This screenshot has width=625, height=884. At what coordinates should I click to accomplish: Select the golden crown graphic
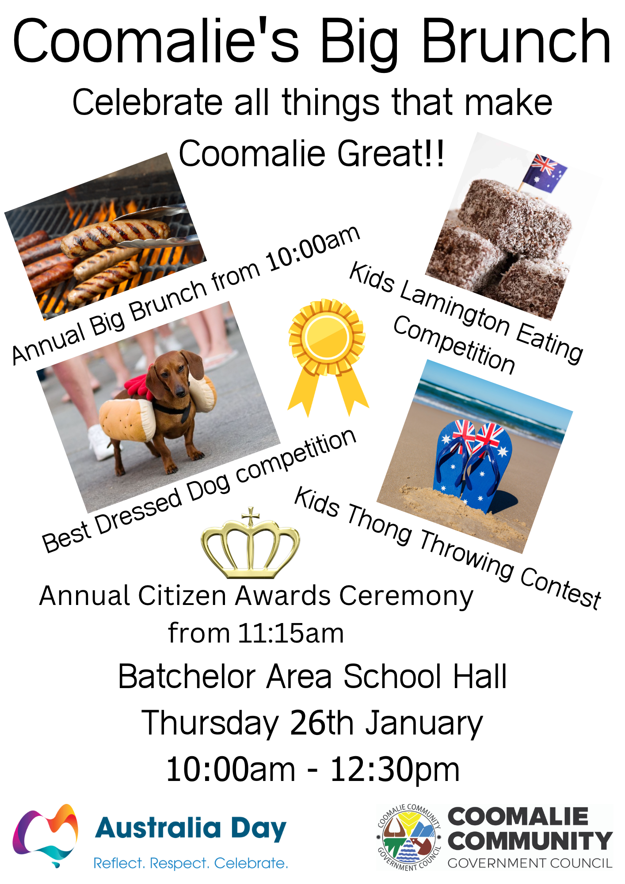[250, 544]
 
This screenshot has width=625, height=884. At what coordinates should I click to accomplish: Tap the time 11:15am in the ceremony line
[291, 633]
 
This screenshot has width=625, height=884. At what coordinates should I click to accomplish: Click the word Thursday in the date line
[210, 724]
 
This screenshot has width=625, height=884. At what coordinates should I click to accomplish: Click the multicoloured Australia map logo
[45, 836]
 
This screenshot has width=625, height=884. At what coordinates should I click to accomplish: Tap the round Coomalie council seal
[409, 837]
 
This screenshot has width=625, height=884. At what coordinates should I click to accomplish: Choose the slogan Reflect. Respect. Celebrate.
[191, 863]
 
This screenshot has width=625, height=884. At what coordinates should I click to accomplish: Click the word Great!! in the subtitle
[391, 153]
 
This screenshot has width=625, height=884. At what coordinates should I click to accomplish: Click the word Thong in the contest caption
[380, 527]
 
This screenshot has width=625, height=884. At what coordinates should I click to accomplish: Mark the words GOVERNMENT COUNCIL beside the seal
[530, 863]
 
